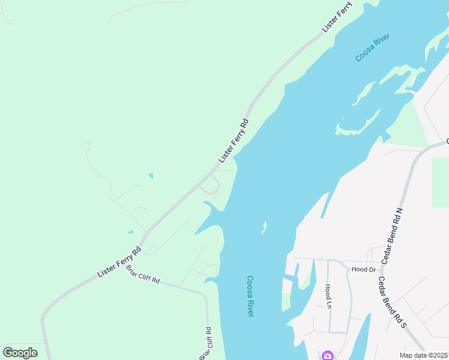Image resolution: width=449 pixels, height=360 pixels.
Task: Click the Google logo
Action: tap(20, 353)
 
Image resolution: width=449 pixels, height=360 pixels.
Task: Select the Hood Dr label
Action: tap(363, 269)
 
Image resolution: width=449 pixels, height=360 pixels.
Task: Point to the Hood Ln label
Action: tap(328, 296)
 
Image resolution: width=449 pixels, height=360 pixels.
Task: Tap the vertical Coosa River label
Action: tap(250, 296)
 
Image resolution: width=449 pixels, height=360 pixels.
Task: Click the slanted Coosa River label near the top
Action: tap(372, 47)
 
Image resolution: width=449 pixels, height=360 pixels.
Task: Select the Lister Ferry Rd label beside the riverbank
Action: tap(234, 140)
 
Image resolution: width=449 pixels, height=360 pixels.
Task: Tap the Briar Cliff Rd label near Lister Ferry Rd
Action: tap(143, 274)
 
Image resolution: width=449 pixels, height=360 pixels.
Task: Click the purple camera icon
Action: tap(327, 355)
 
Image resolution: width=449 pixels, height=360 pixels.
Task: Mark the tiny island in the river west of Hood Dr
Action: tap(264, 227)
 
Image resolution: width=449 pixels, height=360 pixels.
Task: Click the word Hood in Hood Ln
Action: tap(328, 291)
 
